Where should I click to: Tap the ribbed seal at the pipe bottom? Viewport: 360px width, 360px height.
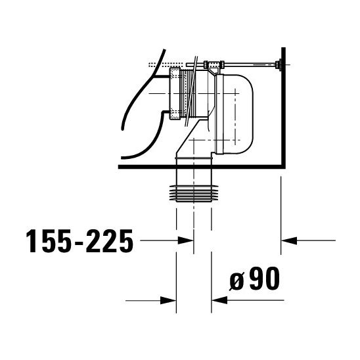[194, 191]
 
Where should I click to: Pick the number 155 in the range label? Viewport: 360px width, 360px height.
[47, 242]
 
